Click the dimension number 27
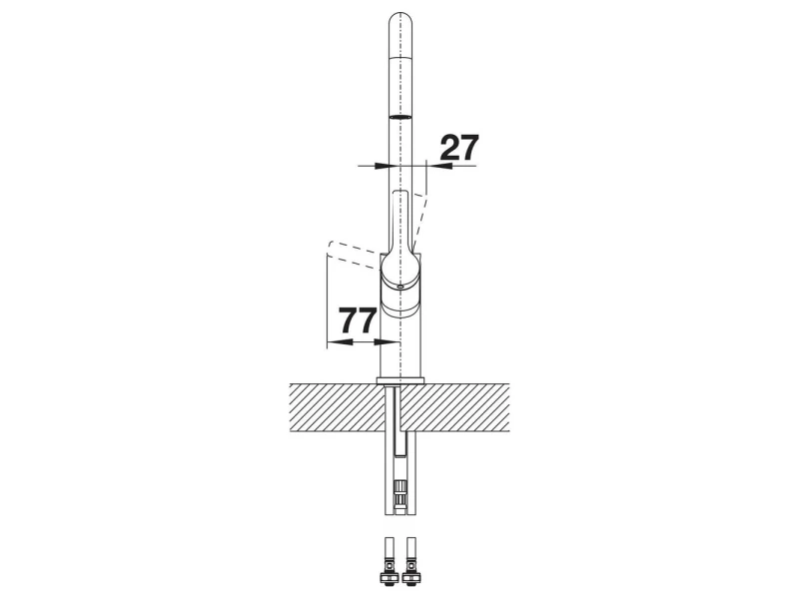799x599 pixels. [459, 148]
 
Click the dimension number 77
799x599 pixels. [359, 320]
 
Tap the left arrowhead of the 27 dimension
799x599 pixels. [382, 166]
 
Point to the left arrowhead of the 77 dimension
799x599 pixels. [335, 341]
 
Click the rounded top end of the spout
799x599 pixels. [402, 20]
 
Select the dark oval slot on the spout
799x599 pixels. [402, 117]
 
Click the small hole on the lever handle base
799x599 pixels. [401, 288]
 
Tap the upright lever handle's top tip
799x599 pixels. [401, 193]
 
